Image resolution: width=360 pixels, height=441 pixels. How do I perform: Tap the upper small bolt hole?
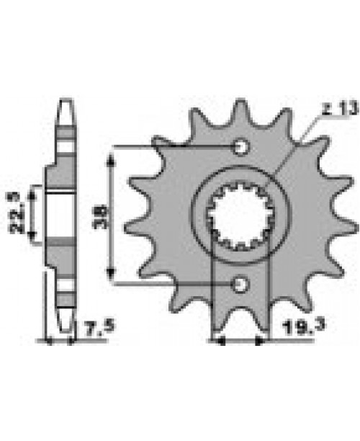coord(240,148)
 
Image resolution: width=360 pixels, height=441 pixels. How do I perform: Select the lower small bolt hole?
coord(240,285)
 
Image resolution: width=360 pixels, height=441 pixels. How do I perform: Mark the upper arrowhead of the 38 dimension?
coord(109,155)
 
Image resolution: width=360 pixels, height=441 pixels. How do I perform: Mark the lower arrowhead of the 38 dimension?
coord(109,278)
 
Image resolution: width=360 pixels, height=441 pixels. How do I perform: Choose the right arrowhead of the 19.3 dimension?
coord(264,339)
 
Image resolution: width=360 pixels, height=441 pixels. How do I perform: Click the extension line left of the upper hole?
coord(173,147)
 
